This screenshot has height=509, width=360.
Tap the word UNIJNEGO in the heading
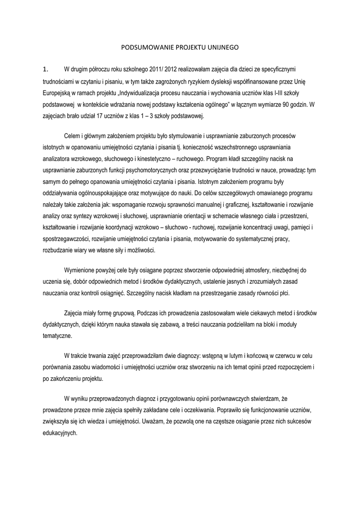pyautogui.click(x=222, y=48)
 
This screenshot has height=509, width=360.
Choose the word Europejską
pyautogui.click(x=59, y=93)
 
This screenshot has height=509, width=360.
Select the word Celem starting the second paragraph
pyautogui.click(x=73, y=136)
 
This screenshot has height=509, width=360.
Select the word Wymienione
pyautogui.click(x=82, y=269)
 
